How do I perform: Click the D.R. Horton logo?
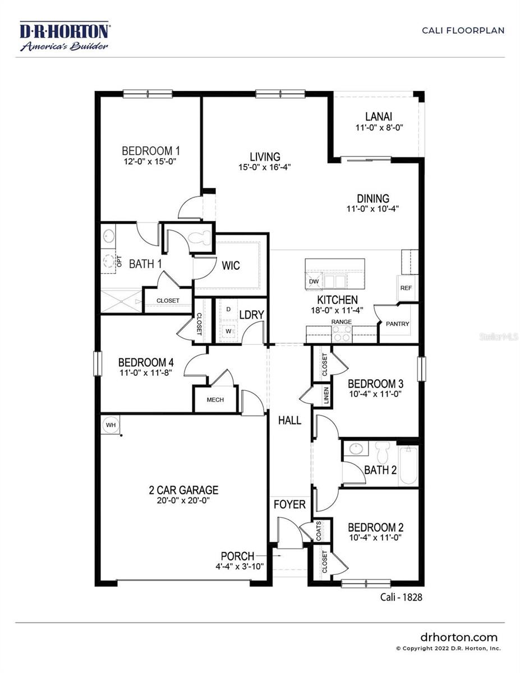pyautogui.click(x=65, y=36)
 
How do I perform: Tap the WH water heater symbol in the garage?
pyautogui.click(x=111, y=425)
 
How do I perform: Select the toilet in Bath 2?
pyautogui.click(x=383, y=453)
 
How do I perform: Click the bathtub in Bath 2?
pyautogui.click(x=409, y=465)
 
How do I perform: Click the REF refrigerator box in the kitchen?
pyautogui.click(x=406, y=288)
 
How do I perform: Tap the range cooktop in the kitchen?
pyautogui.click(x=342, y=334)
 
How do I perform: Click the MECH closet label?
pyautogui.click(x=215, y=400)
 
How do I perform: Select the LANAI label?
pyautogui.click(x=379, y=117)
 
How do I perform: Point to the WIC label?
pyautogui.click(x=231, y=265)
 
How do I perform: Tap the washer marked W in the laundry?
pyautogui.click(x=228, y=331)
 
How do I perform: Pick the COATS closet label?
pyautogui.click(x=319, y=531)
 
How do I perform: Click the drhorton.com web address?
pyautogui.click(x=458, y=637)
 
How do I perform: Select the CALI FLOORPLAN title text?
pyautogui.click(x=463, y=30)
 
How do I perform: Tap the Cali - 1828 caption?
pyautogui.click(x=398, y=597)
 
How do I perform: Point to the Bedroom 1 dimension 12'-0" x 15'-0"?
pyautogui.click(x=151, y=162)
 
